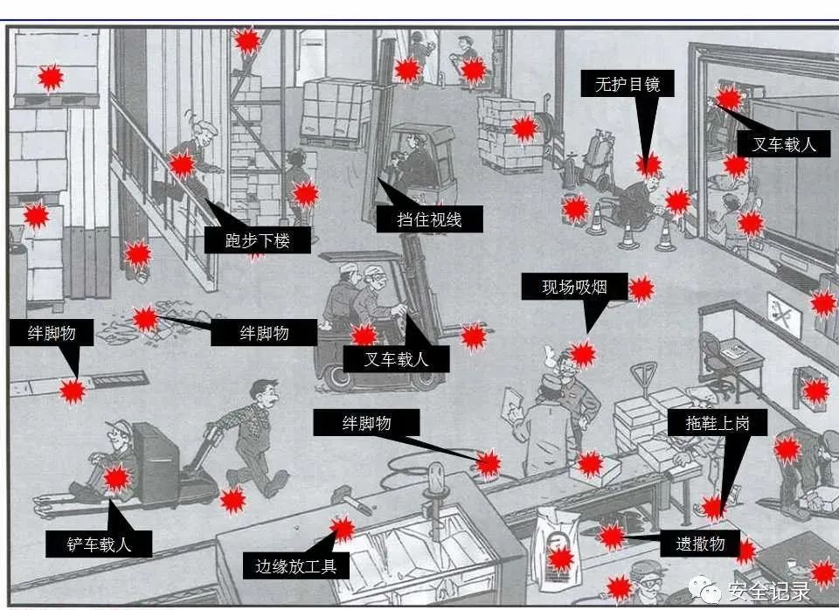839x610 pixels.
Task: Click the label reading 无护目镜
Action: pos(628,85)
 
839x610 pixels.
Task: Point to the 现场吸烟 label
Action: pos(573,287)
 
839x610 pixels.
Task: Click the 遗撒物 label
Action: pos(700,543)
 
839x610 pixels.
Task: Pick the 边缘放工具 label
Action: pos(297,565)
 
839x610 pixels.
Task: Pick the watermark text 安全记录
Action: pos(768,592)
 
